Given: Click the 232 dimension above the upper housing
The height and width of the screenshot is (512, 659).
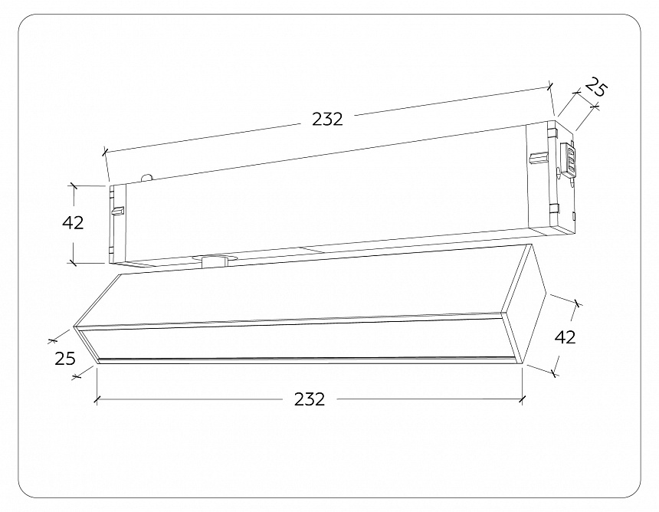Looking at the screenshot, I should click(x=326, y=119).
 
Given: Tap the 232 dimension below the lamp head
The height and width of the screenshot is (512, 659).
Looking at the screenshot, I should click(x=309, y=399).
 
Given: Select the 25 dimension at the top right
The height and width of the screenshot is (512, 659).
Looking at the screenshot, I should click(x=593, y=89).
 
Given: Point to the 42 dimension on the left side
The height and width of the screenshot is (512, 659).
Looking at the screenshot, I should click(x=73, y=223).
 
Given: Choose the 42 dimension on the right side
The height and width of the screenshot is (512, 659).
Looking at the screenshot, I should click(x=565, y=336).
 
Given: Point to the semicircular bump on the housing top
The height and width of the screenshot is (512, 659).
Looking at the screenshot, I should click(x=147, y=176).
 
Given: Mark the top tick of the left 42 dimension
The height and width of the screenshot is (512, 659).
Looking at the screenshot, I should click(x=74, y=185).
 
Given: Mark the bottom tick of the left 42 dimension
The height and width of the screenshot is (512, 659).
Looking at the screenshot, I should click(x=74, y=262).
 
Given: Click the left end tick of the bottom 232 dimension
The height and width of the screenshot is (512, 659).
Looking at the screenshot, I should click(x=97, y=399).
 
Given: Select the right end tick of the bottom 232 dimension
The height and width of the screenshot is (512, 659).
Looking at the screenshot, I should click(x=522, y=399).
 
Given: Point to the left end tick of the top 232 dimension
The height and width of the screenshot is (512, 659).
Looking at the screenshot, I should click(x=104, y=153).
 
